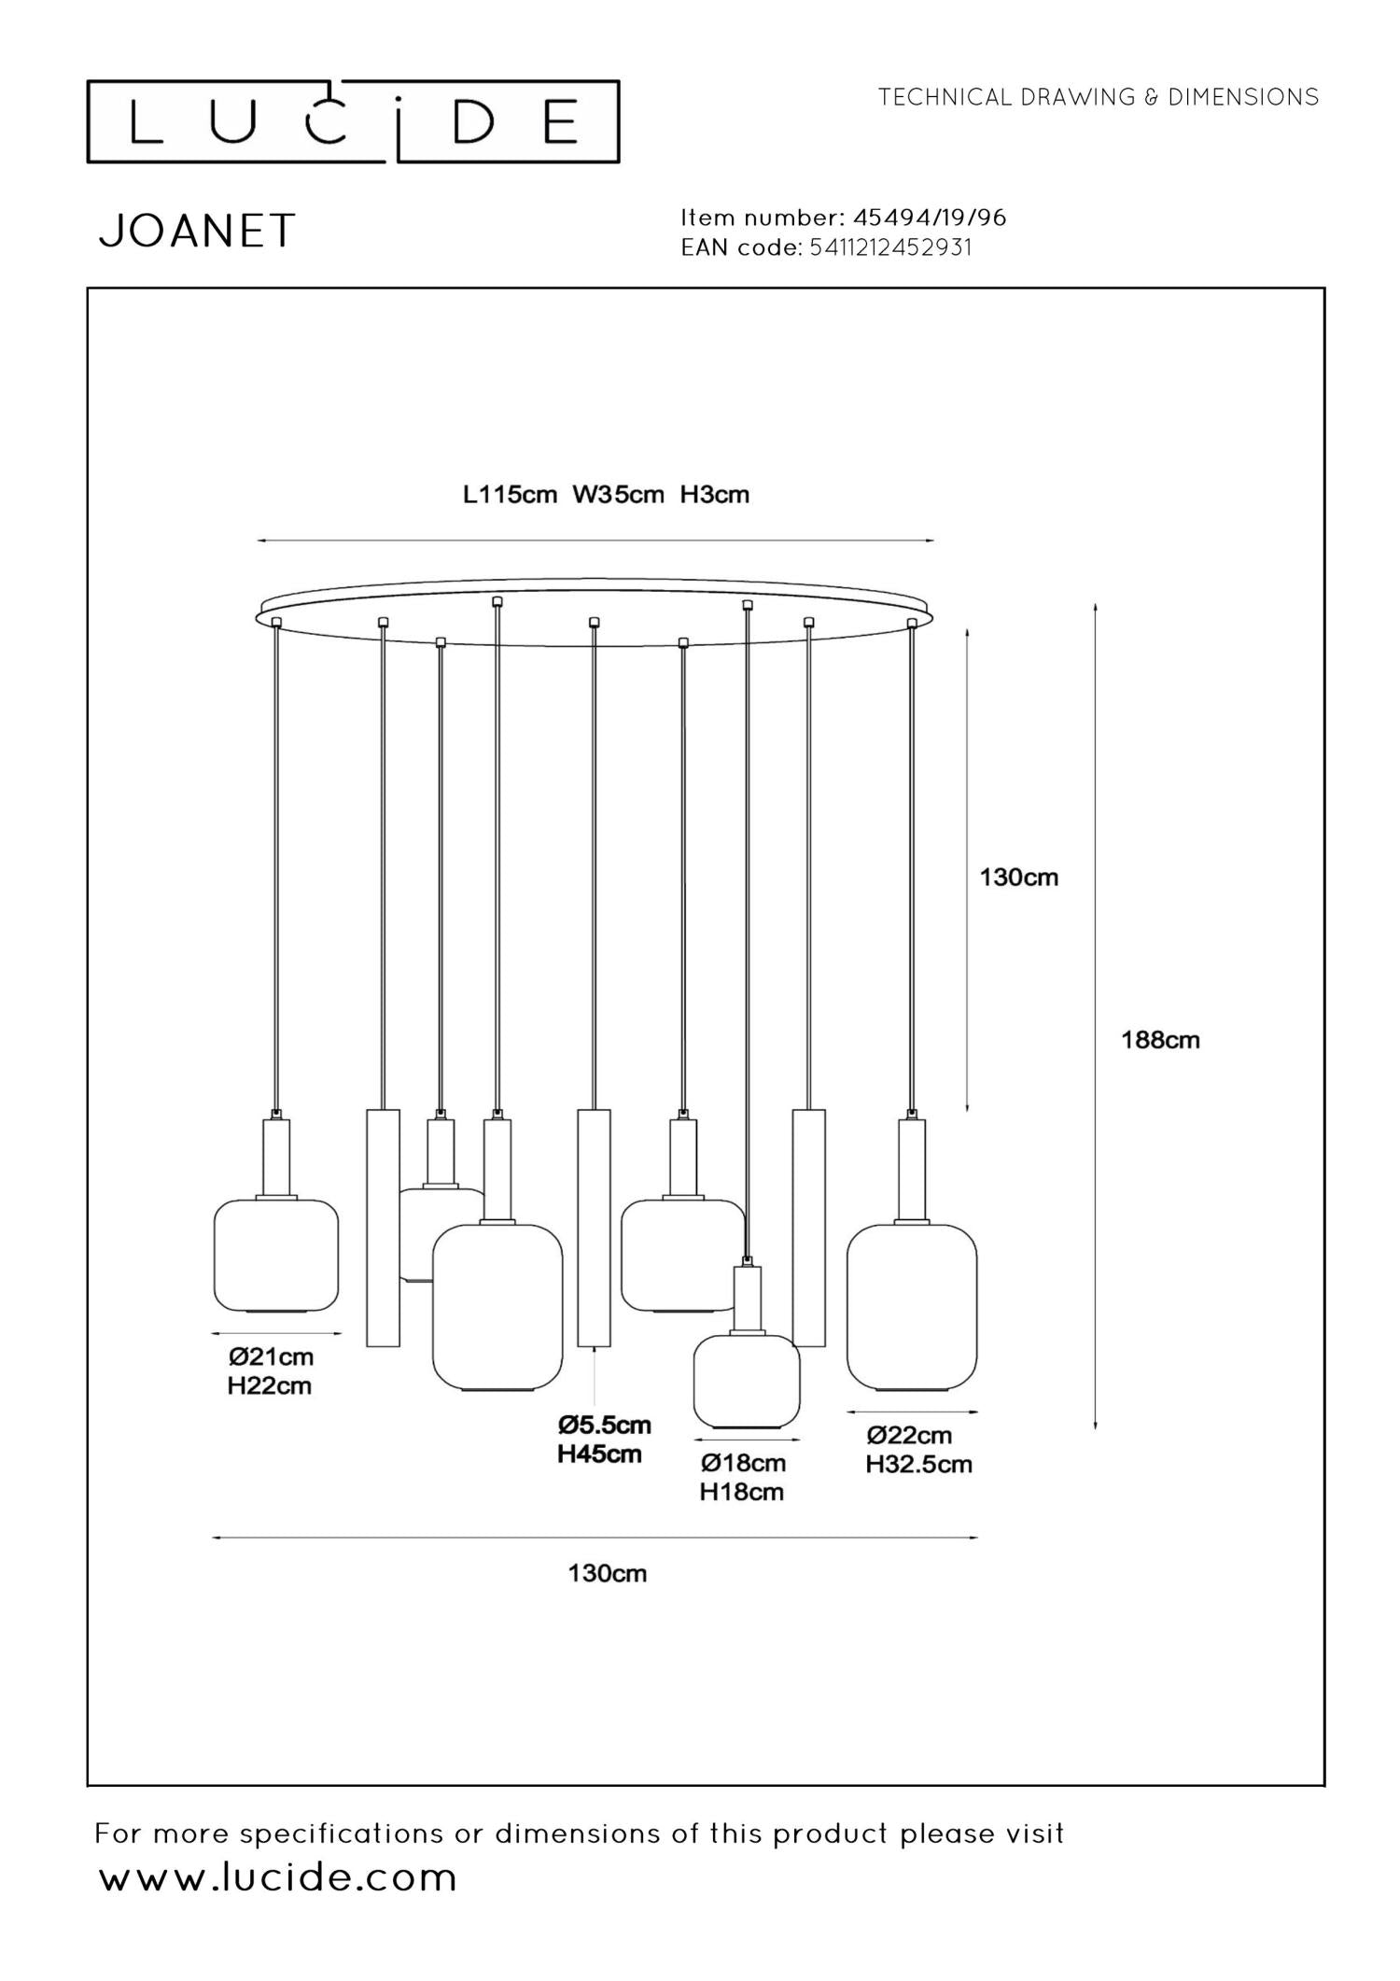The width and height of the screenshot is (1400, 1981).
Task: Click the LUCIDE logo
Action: (353, 122)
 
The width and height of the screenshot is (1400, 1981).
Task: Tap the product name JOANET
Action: (197, 231)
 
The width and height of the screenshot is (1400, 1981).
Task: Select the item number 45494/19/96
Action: (930, 218)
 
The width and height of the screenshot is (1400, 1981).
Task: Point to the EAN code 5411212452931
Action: (890, 247)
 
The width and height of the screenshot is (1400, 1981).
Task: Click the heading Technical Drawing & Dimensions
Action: (1099, 97)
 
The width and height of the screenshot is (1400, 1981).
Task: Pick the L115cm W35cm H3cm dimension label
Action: (606, 494)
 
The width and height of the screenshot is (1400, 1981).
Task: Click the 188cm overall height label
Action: (1160, 1040)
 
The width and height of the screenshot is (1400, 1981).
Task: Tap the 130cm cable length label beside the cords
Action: (1018, 877)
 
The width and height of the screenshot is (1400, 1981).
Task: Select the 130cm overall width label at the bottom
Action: (607, 1573)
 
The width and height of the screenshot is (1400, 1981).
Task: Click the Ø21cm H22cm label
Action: (270, 1370)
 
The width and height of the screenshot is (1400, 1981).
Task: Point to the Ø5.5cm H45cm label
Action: (603, 1439)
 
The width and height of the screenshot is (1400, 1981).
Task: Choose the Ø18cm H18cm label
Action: (743, 1477)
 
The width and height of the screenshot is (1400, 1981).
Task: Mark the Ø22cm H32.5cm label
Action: (918, 1449)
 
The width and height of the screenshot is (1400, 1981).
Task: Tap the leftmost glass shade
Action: (275, 1256)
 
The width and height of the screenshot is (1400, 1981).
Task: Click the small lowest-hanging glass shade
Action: (746, 1382)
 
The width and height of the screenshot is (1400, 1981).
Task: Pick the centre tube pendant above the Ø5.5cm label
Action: (594, 1228)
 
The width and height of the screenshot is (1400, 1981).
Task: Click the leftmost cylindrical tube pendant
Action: (383, 1228)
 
